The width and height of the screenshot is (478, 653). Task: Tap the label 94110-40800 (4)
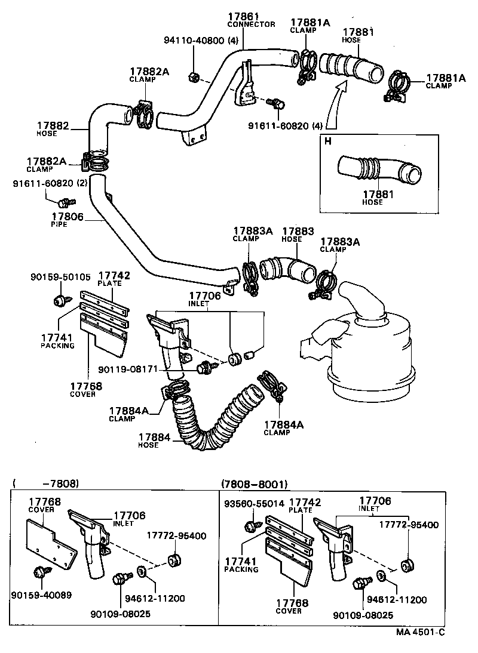tap(201, 41)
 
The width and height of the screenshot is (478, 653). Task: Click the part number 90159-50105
tap(60, 277)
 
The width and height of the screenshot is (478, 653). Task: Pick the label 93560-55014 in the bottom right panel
tap(254, 504)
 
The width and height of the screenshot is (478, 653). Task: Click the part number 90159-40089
tap(41, 595)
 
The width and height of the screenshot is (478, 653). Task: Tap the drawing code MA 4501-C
tap(421, 632)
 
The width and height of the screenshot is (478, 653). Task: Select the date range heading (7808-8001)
tap(254, 483)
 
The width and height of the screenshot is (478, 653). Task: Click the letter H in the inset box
tap(327, 141)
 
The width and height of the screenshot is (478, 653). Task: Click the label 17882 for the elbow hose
tap(54, 126)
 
